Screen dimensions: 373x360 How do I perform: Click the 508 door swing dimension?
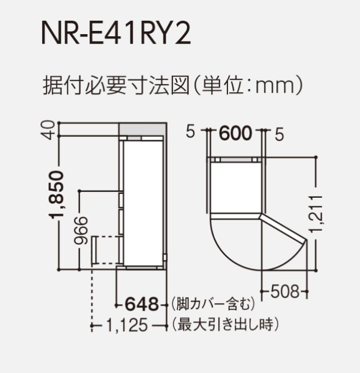(x=284, y=291)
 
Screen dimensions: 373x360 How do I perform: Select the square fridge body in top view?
(x=236, y=186)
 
